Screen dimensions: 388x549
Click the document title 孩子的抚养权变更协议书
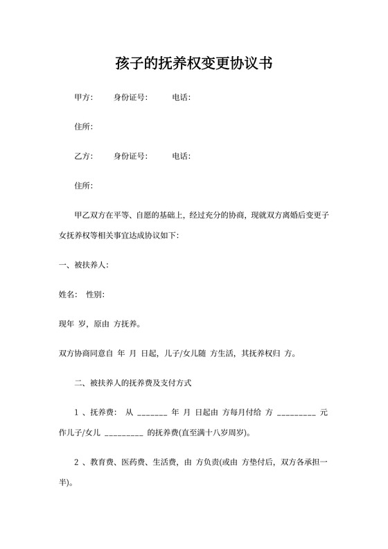[193, 64]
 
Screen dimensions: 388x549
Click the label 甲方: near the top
[83, 98]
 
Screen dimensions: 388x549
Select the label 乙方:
[83, 156]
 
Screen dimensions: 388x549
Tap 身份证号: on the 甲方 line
[130, 98]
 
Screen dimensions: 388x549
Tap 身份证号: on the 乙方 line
[130, 156]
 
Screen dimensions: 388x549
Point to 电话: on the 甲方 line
[182, 98]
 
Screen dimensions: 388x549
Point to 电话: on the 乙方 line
[182, 156]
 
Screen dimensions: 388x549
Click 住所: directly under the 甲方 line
[83, 127]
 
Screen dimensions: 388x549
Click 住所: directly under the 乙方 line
[83, 185]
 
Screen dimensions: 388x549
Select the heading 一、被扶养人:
[84, 265]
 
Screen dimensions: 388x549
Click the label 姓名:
[69, 295]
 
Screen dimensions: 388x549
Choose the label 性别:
[95, 295]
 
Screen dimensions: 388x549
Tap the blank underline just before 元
[297, 414]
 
